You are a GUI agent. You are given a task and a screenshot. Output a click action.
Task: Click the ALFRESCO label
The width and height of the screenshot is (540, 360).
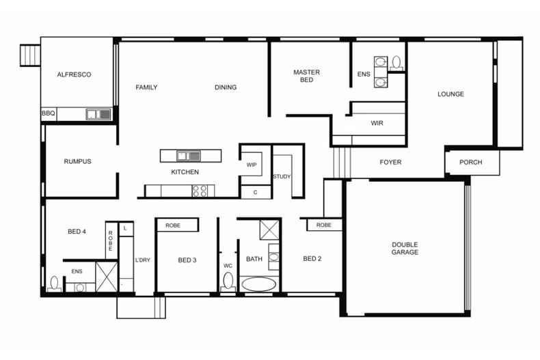pos(74,74)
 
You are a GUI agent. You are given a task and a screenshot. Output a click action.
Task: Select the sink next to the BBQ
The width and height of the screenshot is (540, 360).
pos(98,114)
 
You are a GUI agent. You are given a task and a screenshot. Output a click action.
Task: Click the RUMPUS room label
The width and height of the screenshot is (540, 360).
pos(77,162)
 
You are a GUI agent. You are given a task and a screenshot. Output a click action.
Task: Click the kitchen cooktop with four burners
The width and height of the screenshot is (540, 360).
pos(200,191)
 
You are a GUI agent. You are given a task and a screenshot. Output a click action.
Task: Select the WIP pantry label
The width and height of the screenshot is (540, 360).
pos(251,165)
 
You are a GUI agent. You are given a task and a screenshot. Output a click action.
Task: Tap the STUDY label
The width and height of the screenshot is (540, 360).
pos(282,177)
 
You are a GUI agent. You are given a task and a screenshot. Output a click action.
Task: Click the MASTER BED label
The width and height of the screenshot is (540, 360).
pos(306,76)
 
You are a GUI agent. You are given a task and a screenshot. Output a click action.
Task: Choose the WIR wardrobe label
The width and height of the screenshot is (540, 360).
pos(377,124)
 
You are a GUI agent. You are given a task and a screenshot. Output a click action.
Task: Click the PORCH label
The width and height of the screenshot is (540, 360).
pos(470,163)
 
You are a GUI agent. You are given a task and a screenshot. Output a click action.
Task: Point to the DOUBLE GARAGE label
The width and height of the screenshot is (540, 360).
pos(405,249)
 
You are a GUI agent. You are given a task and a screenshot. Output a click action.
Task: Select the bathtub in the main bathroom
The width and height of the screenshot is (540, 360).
pos(259,283)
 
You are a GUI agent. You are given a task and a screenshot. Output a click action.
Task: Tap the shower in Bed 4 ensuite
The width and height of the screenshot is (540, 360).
pos(104,276)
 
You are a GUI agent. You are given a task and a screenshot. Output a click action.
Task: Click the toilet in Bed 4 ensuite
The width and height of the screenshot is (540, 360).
pos(55,283)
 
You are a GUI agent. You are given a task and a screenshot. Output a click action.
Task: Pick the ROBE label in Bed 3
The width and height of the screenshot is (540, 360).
pos(173,225)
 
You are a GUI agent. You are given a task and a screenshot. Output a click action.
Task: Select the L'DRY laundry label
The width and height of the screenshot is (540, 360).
pos(142,260)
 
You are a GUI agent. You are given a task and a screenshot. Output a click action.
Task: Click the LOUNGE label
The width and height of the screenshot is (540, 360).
pos(450,94)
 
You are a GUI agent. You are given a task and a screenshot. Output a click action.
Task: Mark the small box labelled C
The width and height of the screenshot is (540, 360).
pos(256,193)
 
